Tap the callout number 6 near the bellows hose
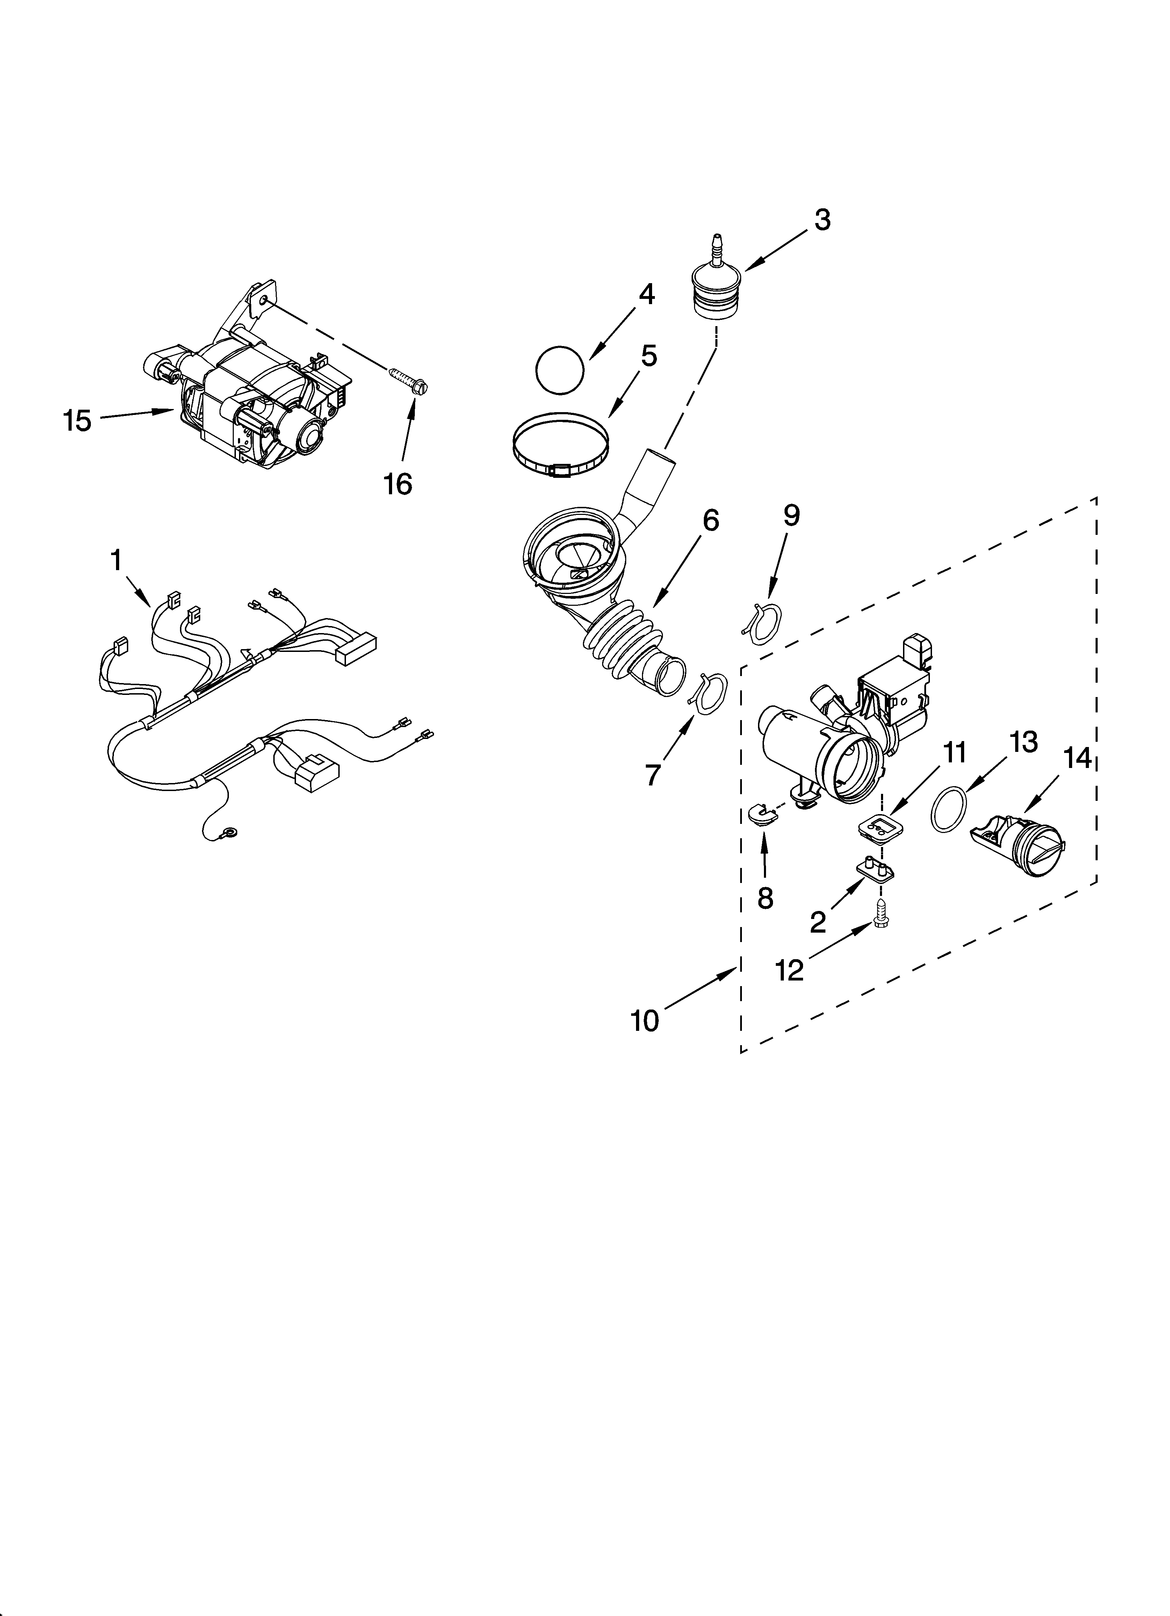pyautogui.click(x=710, y=521)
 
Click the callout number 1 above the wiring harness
pyautogui.click(x=116, y=561)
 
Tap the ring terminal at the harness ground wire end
pyautogui.click(x=230, y=831)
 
